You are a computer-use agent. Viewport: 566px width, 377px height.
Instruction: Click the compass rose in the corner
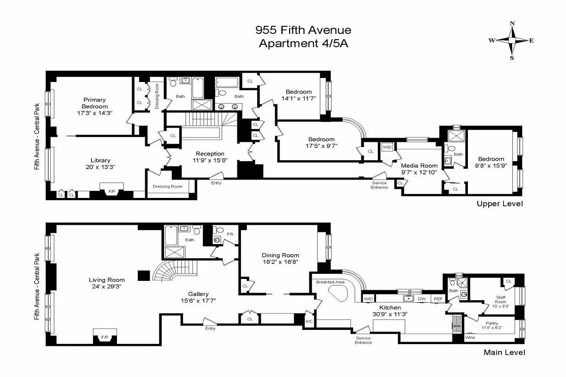(x=512, y=41)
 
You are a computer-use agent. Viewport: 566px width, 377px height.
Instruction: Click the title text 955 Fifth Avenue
(x=303, y=30)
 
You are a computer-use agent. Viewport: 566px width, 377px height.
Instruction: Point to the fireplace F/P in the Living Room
(x=105, y=337)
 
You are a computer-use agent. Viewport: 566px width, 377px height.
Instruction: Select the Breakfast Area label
(x=331, y=282)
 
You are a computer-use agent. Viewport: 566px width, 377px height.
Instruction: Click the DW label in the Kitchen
(x=423, y=299)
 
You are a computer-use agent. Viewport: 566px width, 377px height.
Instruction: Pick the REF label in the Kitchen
(x=438, y=299)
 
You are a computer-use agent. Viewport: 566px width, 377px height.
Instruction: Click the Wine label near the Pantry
(x=470, y=338)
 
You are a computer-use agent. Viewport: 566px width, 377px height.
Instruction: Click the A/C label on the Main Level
(x=309, y=321)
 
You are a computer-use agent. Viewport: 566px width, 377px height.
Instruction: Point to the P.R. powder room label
(x=231, y=234)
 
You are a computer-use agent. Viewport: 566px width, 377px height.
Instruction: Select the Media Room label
(x=419, y=166)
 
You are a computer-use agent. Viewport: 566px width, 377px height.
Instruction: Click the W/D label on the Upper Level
(x=387, y=147)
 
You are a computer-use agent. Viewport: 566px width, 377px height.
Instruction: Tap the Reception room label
(x=210, y=154)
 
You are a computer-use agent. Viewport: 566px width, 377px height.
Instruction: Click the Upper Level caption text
(x=499, y=204)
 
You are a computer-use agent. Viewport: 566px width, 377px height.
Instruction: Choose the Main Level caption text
(x=504, y=352)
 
